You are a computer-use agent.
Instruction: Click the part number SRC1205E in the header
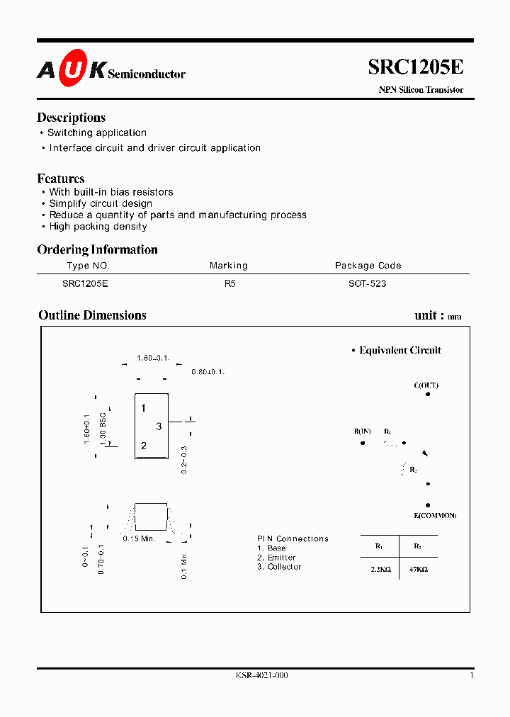(x=416, y=67)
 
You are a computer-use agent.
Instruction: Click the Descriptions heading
(x=71, y=118)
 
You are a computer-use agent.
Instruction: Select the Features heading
(x=61, y=179)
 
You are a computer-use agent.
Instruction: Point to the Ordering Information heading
(x=97, y=249)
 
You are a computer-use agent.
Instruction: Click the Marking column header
(x=229, y=266)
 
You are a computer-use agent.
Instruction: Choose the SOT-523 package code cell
(x=368, y=283)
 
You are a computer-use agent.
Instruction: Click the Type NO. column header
(x=88, y=266)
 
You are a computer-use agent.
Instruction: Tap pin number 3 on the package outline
(x=159, y=427)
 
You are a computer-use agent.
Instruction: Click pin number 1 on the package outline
(x=143, y=408)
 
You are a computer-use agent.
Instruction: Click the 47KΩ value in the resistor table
(x=417, y=568)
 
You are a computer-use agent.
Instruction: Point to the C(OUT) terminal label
(x=426, y=385)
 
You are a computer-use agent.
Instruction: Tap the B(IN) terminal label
(x=363, y=431)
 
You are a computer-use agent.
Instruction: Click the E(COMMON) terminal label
(x=434, y=515)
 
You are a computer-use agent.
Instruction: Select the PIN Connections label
(x=293, y=539)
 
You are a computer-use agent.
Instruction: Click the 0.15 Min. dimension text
(x=138, y=539)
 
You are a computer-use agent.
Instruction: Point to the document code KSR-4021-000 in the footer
(x=261, y=676)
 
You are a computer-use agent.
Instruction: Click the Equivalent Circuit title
(x=399, y=350)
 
